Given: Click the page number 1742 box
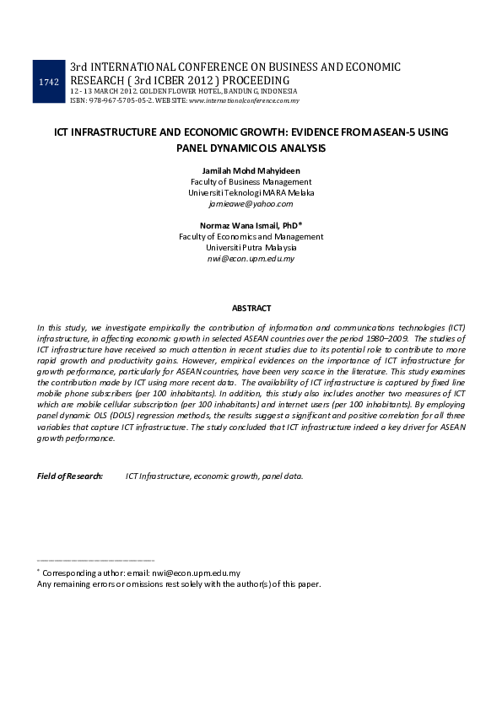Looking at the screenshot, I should point(49,81).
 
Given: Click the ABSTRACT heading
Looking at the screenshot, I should point(251,309).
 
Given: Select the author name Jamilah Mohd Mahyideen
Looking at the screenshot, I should point(251,171).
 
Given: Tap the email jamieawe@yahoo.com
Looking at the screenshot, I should point(251,204).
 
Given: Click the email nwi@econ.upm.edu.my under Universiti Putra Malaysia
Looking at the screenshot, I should point(251,259).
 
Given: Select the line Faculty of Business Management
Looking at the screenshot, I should point(251,182).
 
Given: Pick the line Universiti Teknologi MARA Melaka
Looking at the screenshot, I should point(251,193).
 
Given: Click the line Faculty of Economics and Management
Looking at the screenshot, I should point(251,237).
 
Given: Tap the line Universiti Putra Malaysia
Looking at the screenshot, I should point(251,248).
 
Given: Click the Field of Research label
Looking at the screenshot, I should point(70,476).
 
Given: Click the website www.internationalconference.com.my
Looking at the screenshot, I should point(244,100).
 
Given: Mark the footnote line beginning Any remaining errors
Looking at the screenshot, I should point(179,584).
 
